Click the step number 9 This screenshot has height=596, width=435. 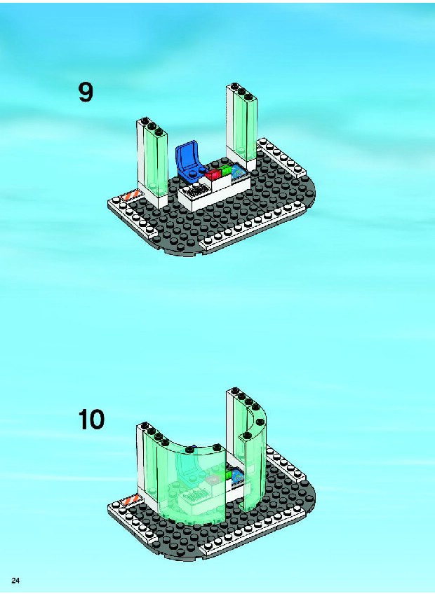86,92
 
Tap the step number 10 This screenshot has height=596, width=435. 91,420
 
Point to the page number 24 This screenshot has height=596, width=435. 15,581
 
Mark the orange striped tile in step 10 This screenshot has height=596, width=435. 130,501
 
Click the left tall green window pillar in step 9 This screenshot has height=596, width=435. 152,162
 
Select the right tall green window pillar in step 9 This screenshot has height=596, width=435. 242,127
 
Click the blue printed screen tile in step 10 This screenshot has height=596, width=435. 239,475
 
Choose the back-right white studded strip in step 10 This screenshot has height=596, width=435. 286,464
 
